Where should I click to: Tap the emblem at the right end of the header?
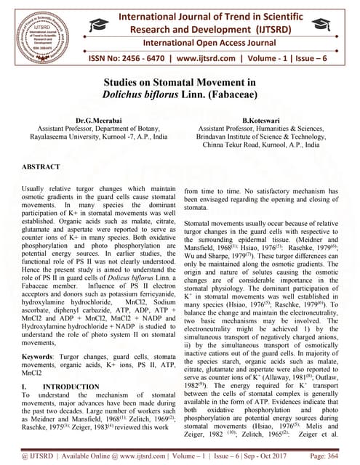coord(337,28)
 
